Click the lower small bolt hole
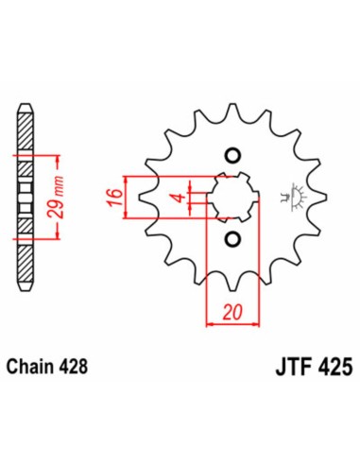(232, 239)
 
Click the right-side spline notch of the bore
(254, 198)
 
